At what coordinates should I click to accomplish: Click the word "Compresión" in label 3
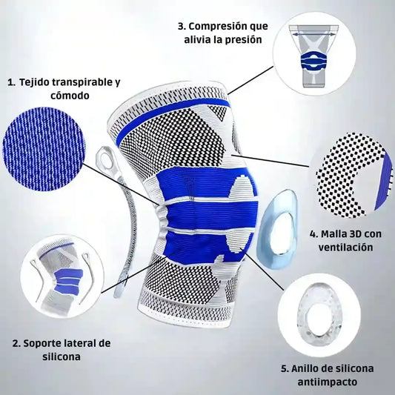tap(215, 27)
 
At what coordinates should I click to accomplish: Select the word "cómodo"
tap(70, 96)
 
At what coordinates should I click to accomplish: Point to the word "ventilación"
tap(345, 247)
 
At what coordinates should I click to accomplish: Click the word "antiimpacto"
tap(328, 382)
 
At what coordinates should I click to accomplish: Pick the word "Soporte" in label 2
tap(42, 343)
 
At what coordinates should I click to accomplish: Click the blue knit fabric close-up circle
tap(44, 149)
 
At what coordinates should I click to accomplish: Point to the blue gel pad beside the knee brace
tap(278, 230)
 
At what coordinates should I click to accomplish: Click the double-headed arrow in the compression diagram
tap(313, 34)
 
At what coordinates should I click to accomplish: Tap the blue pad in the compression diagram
tap(314, 62)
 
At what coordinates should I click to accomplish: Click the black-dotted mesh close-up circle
tap(351, 175)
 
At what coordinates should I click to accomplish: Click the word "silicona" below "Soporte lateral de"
tap(62, 356)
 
